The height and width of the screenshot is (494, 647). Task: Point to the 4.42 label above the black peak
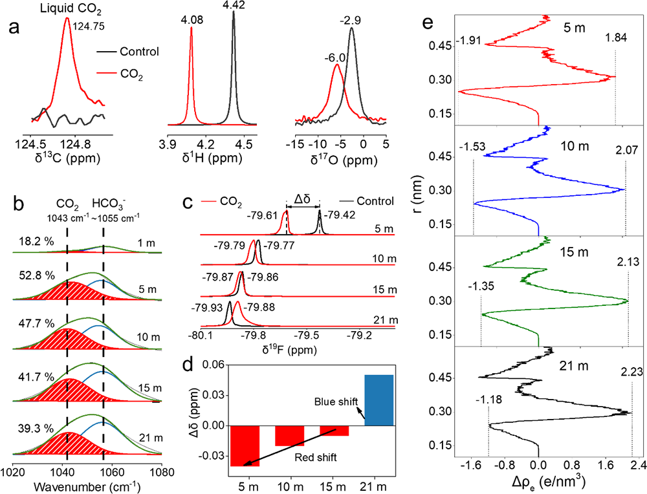[234, 6]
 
